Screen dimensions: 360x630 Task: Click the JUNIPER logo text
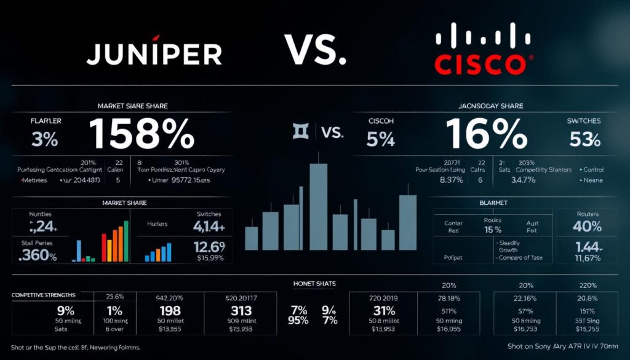click(154, 54)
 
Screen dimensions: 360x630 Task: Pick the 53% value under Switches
click(584, 140)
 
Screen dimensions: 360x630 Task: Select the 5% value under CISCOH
click(380, 140)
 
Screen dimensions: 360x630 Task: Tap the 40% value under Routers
click(587, 226)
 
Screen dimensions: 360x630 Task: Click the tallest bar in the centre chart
click(318, 206)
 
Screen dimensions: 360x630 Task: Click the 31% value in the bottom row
click(383, 311)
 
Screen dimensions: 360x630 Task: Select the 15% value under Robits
click(493, 230)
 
